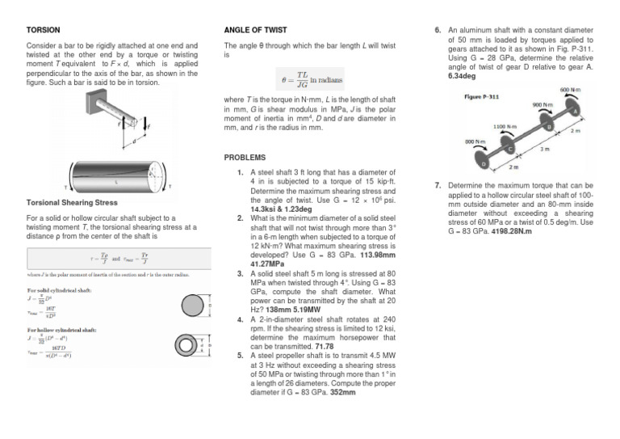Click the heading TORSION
click(x=44, y=30)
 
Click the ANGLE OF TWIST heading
click(x=255, y=30)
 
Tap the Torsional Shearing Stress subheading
click(x=73, y=202)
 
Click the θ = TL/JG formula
click(x=309, y=78)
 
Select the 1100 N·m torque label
click(x=505, y=126)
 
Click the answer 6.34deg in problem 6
click(x=463, y=76)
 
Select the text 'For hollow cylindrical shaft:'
click(x=62, y=331)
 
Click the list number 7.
click(x=437, y=185)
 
